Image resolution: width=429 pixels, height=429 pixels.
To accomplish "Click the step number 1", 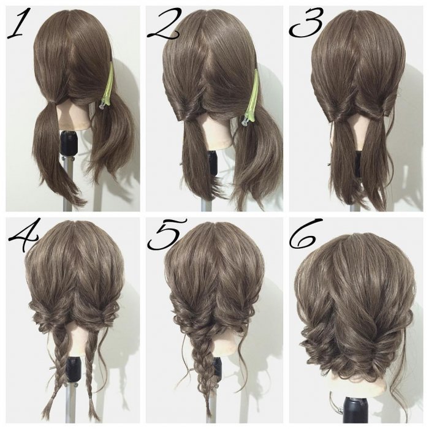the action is (x=17, y=23).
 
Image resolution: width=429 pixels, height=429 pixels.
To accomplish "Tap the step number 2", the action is (x=164, y=23).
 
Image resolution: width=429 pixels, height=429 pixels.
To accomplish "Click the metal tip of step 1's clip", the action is (x=102, y=106).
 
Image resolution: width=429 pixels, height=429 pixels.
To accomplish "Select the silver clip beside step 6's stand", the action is (x=336, y=404).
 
